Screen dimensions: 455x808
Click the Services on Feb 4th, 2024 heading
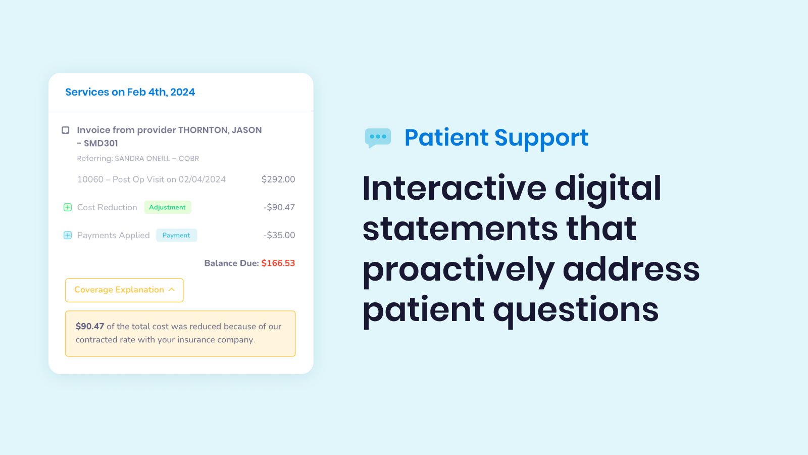pos(130,92)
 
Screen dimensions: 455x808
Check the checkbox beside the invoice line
pos(66,130)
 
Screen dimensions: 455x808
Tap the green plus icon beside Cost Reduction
pos(68,207)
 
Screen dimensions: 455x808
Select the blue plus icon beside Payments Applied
pos(68,235)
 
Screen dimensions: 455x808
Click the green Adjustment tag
pos(168,207)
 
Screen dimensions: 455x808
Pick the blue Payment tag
pos(176,235)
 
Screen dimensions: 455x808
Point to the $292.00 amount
pos(278,179)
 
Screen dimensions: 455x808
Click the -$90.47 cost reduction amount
pos(279,207)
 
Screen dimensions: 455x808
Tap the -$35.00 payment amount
pos(279,235)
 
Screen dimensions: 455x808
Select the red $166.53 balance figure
pos(278,263)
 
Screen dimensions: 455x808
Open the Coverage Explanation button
pos(119,290)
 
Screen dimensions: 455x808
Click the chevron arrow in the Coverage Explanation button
pos(172,290)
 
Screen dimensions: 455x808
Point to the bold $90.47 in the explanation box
pos(90,327)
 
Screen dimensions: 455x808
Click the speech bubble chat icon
pos(378,138)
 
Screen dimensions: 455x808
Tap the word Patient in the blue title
pos(446,138)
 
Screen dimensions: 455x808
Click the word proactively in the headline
pos(458,269)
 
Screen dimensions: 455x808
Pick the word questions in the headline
pos(576,310)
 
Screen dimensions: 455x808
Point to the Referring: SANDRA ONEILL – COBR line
pos(138,159)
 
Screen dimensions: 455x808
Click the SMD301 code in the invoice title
pos(101,144)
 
